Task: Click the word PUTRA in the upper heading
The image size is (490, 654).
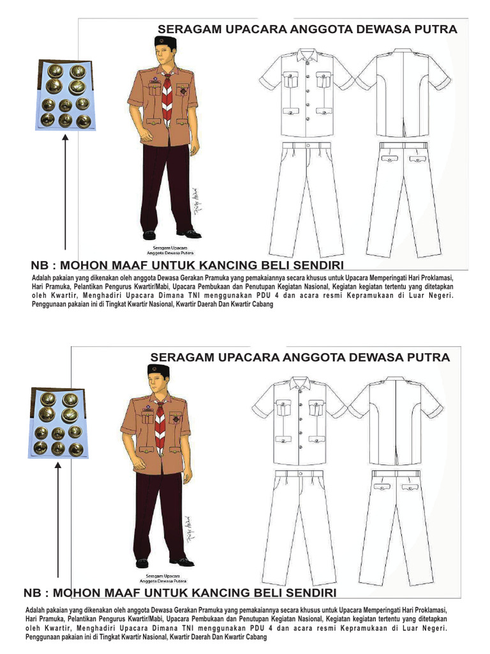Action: (x=438, y=29)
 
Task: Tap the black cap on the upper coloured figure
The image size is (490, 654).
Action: (x=165, y=43)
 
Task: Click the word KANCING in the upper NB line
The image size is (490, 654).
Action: (x=237, y=265)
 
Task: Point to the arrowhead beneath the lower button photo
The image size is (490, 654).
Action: (x=58, y=466)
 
